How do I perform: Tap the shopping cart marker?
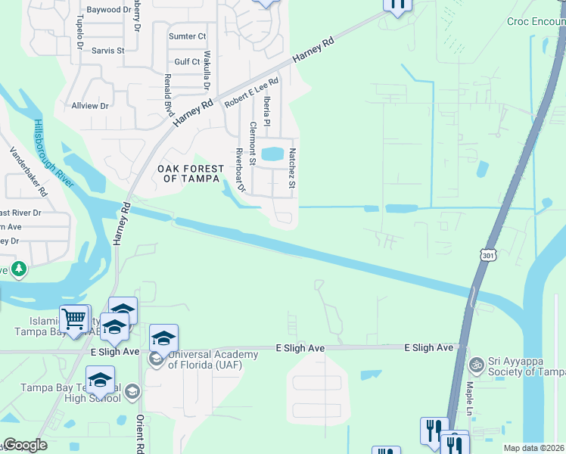pyautogui.click(x=74, y=319)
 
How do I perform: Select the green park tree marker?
pyautogui.click(x=18, y=269)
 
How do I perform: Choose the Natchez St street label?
pyautogui.click(x=291, y=168)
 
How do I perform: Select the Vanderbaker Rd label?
pyautogui.click(x=29, y=172)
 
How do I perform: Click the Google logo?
pyautogui.click(x=25, y=446)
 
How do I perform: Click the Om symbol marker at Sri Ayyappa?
pyautogui.click(x=476, y=365)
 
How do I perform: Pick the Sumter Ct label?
pyautogui.click(x=188, y=36)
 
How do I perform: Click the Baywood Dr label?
pyautogui.click(x=109, y=10)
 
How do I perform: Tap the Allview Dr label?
pyautogui.click(x=89, y=106)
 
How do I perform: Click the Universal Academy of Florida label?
pyautogui.click(x=204, y=359)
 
